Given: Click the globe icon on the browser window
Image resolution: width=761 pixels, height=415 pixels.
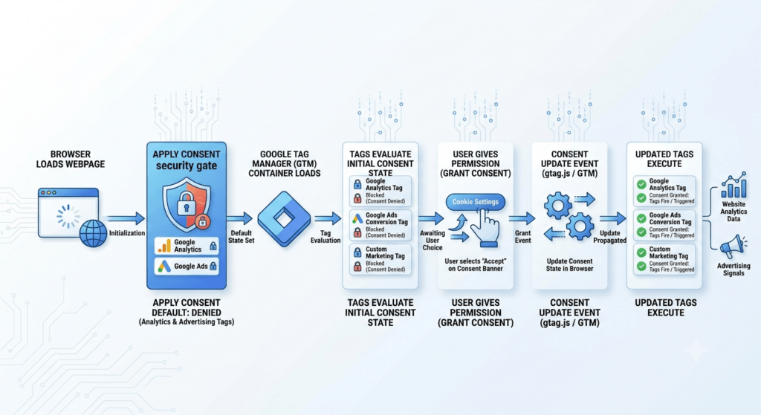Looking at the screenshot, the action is tap(93, 233).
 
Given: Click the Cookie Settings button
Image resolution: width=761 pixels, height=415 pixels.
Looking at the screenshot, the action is tap(475, 202).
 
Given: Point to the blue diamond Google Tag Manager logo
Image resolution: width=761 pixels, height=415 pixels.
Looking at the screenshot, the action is tap(284, 219).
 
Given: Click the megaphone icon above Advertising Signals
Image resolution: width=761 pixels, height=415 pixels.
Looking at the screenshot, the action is tap(732, 247).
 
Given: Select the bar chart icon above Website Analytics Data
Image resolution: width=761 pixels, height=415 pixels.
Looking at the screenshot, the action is tap(734, 185).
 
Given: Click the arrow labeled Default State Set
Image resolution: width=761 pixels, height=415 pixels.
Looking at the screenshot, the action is tap(240, 218).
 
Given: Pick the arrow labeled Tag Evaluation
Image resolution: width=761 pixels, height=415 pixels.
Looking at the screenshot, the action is tap(328, 218).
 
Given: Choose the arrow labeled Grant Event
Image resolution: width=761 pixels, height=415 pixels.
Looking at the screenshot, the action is tap(522, 219).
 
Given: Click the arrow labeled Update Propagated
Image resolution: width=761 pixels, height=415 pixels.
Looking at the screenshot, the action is tap(613, 219).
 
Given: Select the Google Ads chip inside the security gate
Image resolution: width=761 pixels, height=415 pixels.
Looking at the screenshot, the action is tap(187, 267).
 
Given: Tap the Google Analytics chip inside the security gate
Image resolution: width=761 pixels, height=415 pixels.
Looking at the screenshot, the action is tap(187, 246).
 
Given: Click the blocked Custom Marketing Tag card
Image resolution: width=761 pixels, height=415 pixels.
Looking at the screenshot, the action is tap(380, 259).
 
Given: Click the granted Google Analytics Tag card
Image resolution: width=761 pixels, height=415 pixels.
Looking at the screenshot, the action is tap(664, 192).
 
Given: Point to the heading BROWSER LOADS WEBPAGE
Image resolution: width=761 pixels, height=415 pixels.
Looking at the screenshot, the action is tap(71, 159).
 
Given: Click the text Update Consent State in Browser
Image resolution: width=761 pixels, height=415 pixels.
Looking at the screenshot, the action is tap(570, 265).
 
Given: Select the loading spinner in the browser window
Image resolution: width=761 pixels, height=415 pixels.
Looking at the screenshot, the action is tap(68, 216).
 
